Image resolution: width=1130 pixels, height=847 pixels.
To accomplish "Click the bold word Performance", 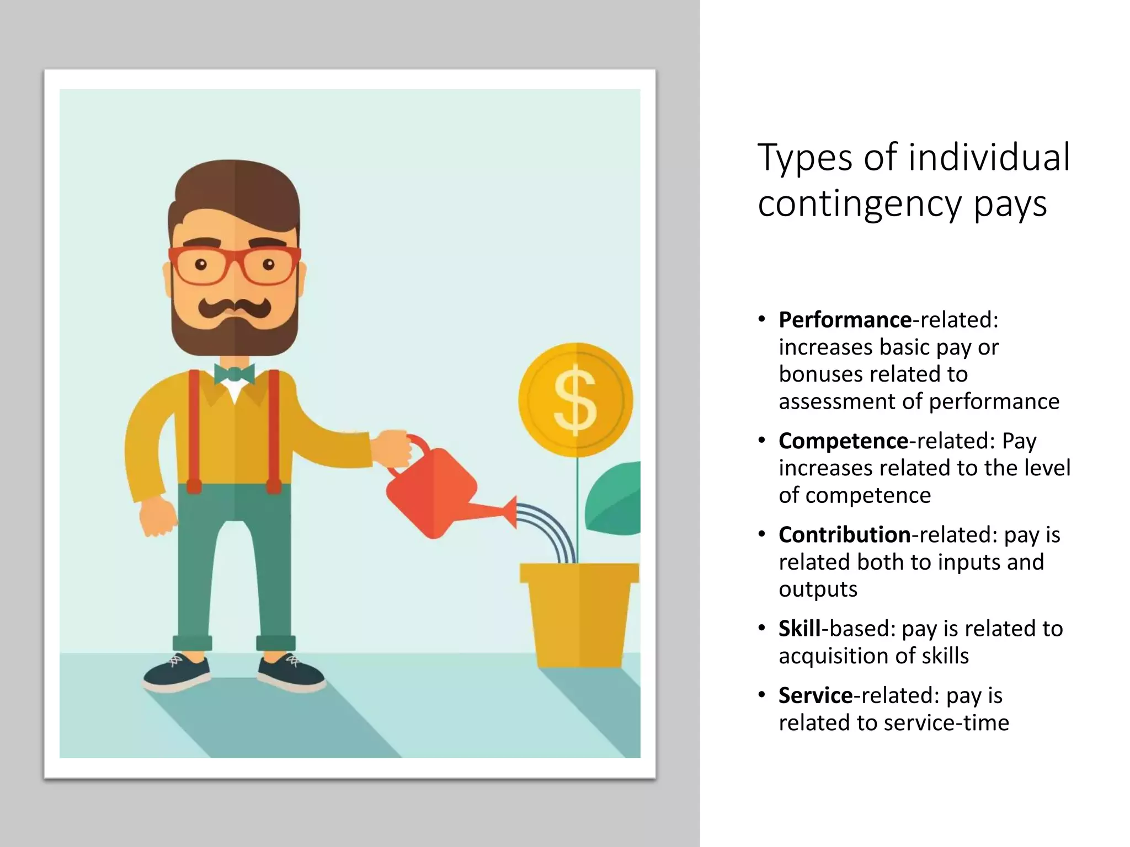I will click(x=845, y=320).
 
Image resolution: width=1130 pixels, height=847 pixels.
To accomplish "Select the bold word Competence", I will click(x=843, y=441).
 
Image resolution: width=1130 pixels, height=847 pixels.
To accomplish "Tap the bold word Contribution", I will click(x=844, y=535).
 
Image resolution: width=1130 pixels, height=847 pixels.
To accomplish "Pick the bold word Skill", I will click(x=799, y=629).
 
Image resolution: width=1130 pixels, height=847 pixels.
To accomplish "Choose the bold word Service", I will click(x=815, y=695).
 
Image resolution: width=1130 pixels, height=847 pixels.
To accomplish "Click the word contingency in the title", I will click(x=860, y=205).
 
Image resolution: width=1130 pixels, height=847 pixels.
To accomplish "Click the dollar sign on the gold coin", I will click(x=575, y=399).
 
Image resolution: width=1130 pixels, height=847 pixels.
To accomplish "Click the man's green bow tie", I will click(x=234, y=374).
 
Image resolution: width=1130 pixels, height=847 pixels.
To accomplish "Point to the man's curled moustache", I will click(x=234, y=307).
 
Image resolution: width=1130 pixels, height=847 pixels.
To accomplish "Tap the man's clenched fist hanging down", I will click(x=157, y=516).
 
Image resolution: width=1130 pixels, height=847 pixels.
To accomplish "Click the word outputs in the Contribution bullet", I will click(x=818, y=589).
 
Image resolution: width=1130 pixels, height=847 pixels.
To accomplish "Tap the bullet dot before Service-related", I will click(x=762, y=694).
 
